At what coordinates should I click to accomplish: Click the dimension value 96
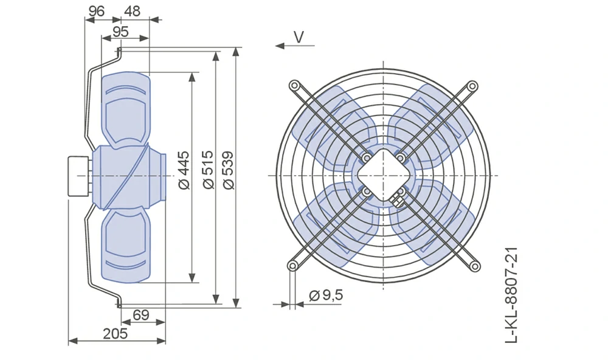coord(96,11)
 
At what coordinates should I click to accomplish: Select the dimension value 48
coord(132,11)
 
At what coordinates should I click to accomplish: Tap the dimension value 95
coord(120,32)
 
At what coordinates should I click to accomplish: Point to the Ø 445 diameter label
coord(185,170)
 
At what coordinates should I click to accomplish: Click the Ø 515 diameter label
coord(208,170)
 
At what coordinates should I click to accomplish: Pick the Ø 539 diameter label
coord(229,170)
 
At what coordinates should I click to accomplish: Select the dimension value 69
coord(141,314)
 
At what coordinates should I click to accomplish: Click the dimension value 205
coord(115,333)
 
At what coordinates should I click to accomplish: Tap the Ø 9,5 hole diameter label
coord(326,295)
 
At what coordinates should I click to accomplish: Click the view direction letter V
coord(299,37)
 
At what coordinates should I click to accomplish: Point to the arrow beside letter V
coord(295,46)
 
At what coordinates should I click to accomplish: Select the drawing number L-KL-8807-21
coord(512,295)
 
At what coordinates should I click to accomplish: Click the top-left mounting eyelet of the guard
coord(294,85)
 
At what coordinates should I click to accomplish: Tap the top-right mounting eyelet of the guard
coord(472,86)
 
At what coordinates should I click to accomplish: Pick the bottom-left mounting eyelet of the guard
coord(293,266)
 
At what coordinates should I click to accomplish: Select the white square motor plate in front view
coord(384,175)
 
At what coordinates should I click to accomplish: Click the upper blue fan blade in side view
coord(126,110)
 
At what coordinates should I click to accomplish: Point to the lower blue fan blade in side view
coord(126,244)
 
